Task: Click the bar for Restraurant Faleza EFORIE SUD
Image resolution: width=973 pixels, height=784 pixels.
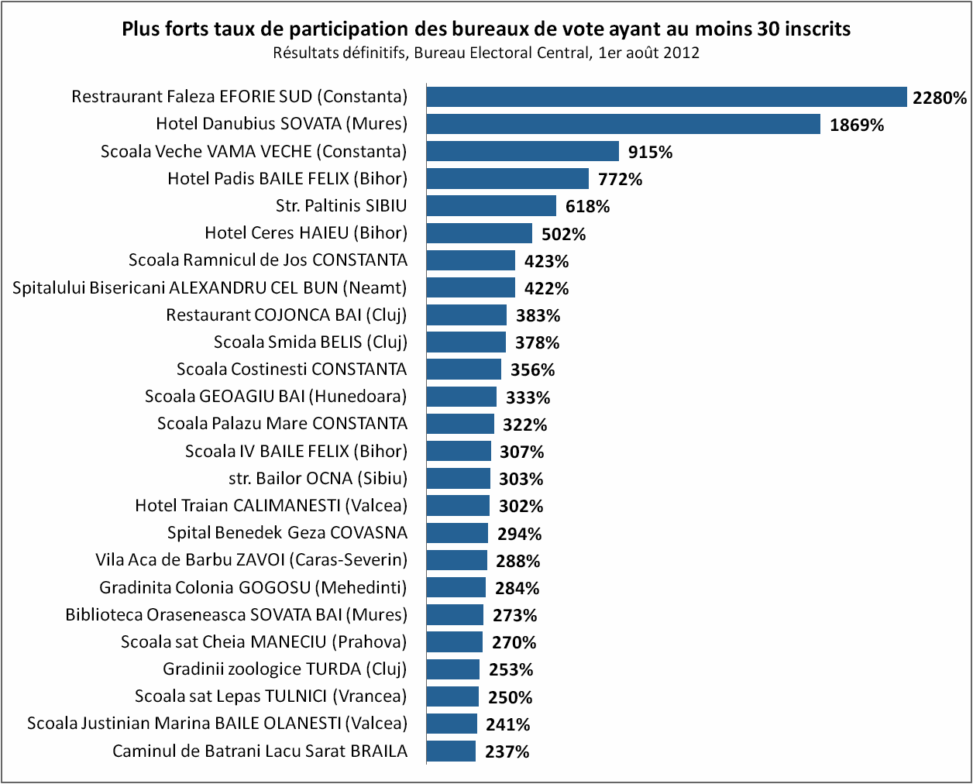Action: (666, 97)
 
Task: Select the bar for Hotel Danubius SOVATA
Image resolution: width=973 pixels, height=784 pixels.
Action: (623, 124)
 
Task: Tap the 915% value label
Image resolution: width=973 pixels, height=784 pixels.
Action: (650, 152)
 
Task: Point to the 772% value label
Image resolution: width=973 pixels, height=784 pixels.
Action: (620, 179)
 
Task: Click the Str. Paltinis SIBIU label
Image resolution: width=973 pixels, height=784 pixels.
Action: (341, 206)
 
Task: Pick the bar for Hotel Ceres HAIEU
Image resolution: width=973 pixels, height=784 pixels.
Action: (479, 233)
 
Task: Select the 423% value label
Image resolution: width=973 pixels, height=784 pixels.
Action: (546, 261)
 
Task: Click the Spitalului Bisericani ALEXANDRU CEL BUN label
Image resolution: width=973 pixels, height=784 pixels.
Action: (209, 288)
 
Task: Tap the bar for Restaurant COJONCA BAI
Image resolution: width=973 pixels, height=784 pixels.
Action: (466, 315)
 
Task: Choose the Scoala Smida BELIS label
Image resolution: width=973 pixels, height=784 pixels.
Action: (310, 342)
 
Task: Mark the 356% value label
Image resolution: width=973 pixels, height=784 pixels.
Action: (532, 370)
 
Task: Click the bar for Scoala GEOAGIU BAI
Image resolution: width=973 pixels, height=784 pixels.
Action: (461, 397)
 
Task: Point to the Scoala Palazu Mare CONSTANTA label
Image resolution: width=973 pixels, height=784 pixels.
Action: (282, 424)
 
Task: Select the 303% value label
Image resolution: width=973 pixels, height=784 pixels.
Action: (521, 479)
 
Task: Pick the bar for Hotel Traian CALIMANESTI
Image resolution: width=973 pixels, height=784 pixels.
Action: (458, 506)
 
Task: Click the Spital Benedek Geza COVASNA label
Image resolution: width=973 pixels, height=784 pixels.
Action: (287, 533)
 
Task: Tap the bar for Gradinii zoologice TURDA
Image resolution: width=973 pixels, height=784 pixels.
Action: (452, 669)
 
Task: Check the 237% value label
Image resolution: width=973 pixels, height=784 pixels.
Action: (507, 751)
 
